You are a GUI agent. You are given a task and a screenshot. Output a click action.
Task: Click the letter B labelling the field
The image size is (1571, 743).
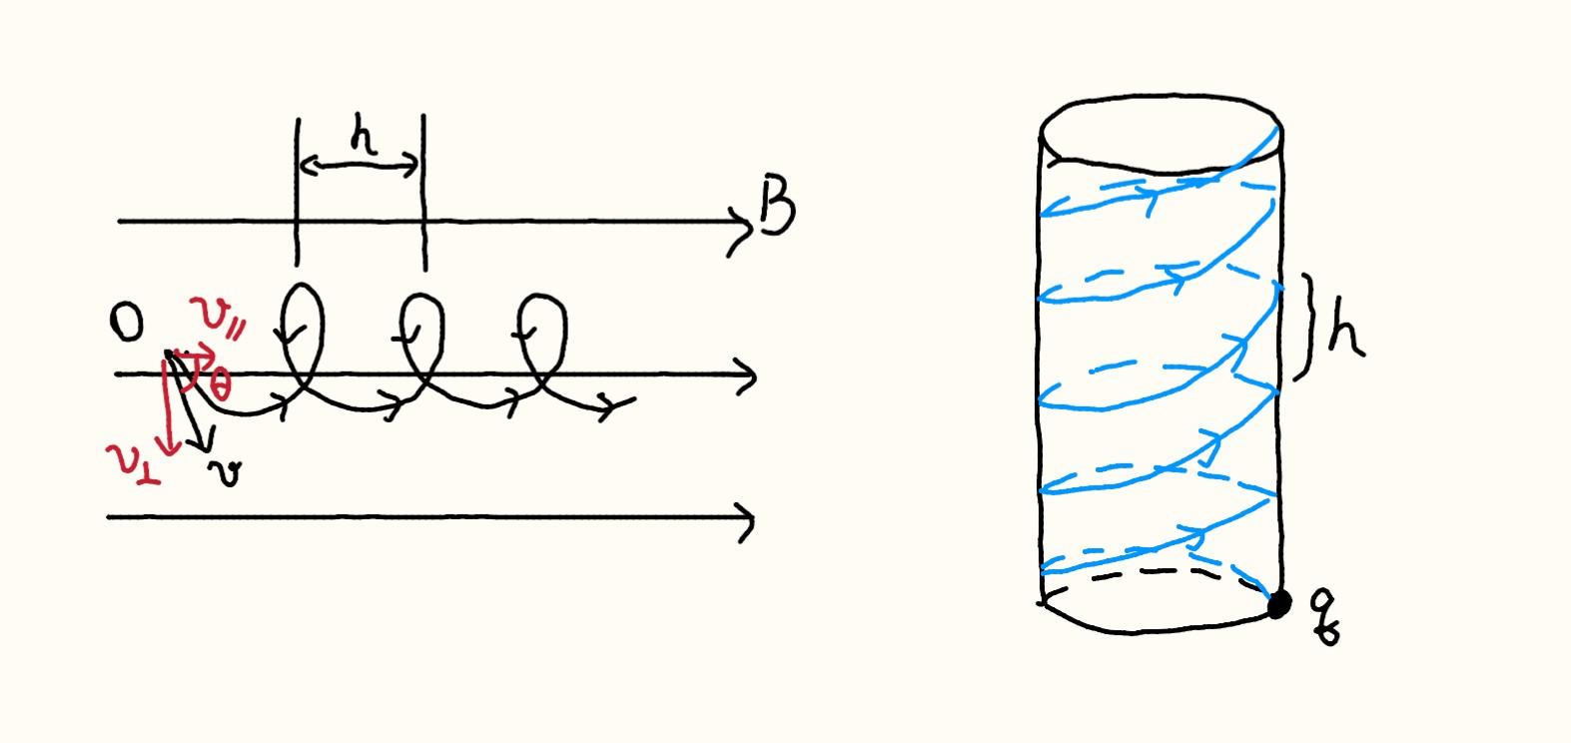pyautogui.click(x=777, y=207)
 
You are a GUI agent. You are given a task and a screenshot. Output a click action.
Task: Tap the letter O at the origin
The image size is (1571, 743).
pyautogui.click(x=127, y=325)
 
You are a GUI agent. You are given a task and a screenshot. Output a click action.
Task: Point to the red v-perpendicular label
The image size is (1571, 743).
pyautogui.click(x=134, y=464)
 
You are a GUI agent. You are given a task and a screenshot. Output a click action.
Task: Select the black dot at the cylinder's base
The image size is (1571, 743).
pyautogui.click(x=1278, y=603)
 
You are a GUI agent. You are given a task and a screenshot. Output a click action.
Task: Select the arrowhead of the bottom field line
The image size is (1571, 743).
pyautogui.click(x=745, y=519)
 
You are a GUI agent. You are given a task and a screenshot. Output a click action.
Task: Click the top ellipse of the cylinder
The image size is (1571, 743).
pyautogui.click(x=1162, y=130)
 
